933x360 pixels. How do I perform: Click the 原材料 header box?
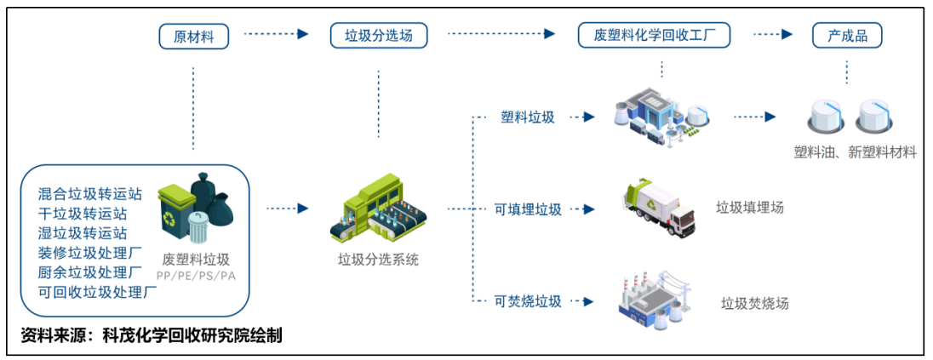[193, 36]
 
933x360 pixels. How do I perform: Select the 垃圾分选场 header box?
[379, 36]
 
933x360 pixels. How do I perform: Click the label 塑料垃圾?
[528, 117]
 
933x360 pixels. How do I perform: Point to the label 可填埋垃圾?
[528, 209]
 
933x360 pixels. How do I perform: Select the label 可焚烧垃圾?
[528, 300]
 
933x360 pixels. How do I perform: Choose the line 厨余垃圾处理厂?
[89, 272]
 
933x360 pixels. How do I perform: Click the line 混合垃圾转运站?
[89, 193]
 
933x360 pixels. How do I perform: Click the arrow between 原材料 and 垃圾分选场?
[275, 35]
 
